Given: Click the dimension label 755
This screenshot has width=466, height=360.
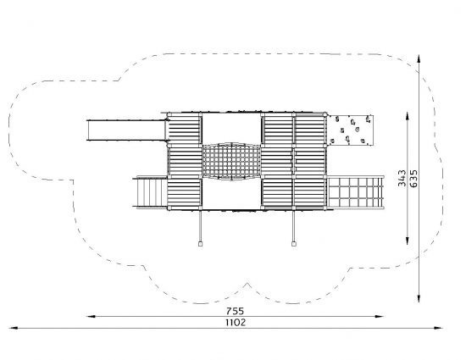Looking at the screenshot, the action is [x=235, y=311].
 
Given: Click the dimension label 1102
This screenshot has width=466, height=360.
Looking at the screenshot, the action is [x=236, y=323].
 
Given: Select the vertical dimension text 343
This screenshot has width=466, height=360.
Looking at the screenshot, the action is [x=402, y=178].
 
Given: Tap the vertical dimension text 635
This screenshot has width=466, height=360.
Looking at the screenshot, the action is [x=413, y=178].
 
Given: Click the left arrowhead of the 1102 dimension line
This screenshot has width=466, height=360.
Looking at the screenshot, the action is [x=14, y=328].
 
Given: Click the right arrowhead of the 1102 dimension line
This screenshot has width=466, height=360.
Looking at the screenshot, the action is [x=438, y=328].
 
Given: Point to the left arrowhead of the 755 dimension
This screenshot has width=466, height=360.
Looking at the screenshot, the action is [x=91, y=317].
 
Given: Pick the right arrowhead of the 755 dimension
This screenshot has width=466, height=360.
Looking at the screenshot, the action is [x=380, y=317].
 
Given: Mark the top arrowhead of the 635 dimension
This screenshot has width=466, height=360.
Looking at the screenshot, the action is [x=419, y=58].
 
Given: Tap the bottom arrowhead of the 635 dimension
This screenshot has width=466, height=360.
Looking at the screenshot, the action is [x=419, y=298].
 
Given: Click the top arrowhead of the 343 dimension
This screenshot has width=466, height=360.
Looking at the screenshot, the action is [x=408, y=117].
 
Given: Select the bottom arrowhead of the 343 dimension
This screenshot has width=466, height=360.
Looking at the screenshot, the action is [x=408, y=241].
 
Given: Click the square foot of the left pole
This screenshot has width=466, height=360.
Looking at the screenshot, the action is [x=200, y=244].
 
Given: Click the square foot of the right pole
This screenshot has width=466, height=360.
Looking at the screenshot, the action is [x=294, y=244].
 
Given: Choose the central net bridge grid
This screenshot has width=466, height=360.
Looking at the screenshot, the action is [x=232, y=162].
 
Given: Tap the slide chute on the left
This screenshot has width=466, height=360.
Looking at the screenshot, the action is [x=126, y=130].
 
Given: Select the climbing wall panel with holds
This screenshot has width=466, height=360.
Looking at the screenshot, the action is [x=351, y=130].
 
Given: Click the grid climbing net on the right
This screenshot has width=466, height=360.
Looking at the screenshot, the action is [x=356, y=192].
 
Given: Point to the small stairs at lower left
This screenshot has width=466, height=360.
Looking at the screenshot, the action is [x=150, y=192].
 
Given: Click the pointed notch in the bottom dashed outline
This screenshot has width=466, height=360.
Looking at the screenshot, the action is [x=247, y=284].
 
